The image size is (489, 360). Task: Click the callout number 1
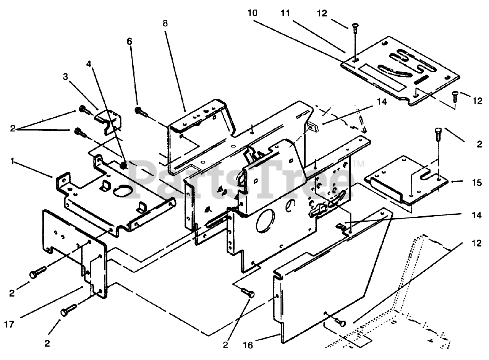[13, 162]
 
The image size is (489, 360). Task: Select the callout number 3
[65, 77]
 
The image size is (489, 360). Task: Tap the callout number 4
[89, 64]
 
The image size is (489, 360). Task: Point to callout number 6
[129, 41]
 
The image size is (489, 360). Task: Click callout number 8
[165, 23]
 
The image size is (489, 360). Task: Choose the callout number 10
[253, 13]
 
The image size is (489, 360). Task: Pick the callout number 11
[285, 13]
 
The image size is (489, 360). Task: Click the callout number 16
[248, 345]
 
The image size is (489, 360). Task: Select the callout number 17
[10, 324]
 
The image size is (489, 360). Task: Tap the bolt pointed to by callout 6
[141, 112]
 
